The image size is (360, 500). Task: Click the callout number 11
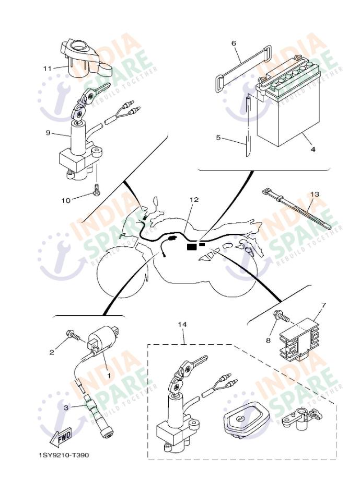click(47, 68)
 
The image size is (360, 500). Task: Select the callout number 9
click(48, 133)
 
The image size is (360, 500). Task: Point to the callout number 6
click(234, 43)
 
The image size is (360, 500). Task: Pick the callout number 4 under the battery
click(313, 149)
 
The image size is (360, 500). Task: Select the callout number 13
click(315, 195)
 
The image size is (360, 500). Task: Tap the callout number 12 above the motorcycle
click(194, 199)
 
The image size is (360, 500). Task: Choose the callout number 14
click(182, 325)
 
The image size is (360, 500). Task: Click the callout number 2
click(52, 352)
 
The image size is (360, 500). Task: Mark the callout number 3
click(66, 407)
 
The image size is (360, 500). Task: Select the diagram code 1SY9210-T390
click(64, 455)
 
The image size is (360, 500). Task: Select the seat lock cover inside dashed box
click(243, 419)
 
